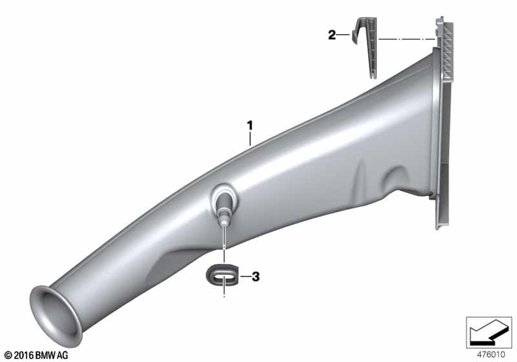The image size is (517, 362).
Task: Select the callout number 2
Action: tap(332, 35)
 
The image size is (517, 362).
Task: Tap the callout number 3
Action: tap(255, 276)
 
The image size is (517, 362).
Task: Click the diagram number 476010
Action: tap(491, 354)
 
